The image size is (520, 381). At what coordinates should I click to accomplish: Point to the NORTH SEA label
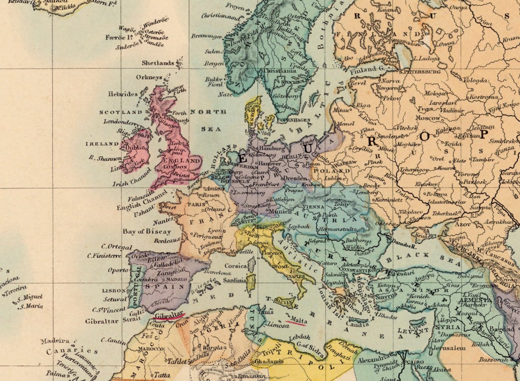[x=208, y=120]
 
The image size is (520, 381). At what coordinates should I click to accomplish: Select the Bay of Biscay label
[x=147, y=231]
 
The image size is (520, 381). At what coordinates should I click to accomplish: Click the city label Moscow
[x=428, y=118]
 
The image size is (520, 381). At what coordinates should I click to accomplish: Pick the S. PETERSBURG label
[x=419, y=72]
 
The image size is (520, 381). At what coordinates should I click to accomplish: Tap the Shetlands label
[x=158, y=63]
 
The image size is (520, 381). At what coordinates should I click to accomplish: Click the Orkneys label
[x=149, y=77]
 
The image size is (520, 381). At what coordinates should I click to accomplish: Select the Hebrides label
[x=123, y=94]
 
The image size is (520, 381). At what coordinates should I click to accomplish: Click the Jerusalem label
[x=452, y=347]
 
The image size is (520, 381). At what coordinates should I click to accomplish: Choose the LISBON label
[x=114, y=290]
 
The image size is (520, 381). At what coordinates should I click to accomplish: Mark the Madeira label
[x=55, y=341]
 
